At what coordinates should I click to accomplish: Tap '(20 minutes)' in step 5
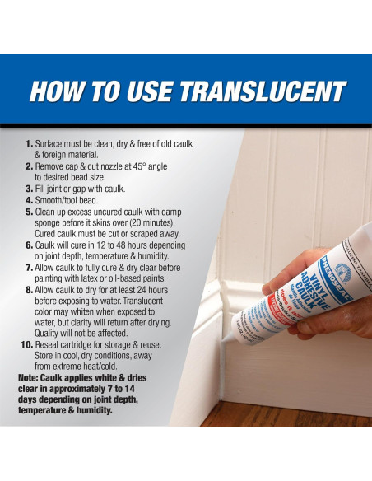[x=164, y=222]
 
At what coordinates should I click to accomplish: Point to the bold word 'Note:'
[x=32, y=378]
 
